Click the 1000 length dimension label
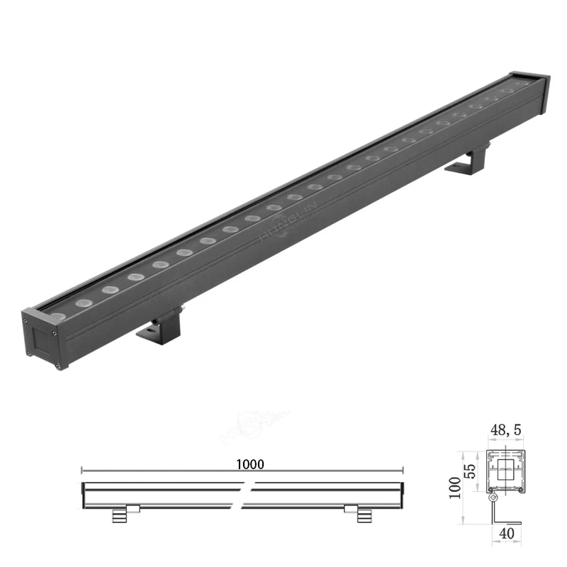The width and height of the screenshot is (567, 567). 250,464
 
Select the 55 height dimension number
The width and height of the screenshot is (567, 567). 468,471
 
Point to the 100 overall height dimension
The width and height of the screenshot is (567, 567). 454,488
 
